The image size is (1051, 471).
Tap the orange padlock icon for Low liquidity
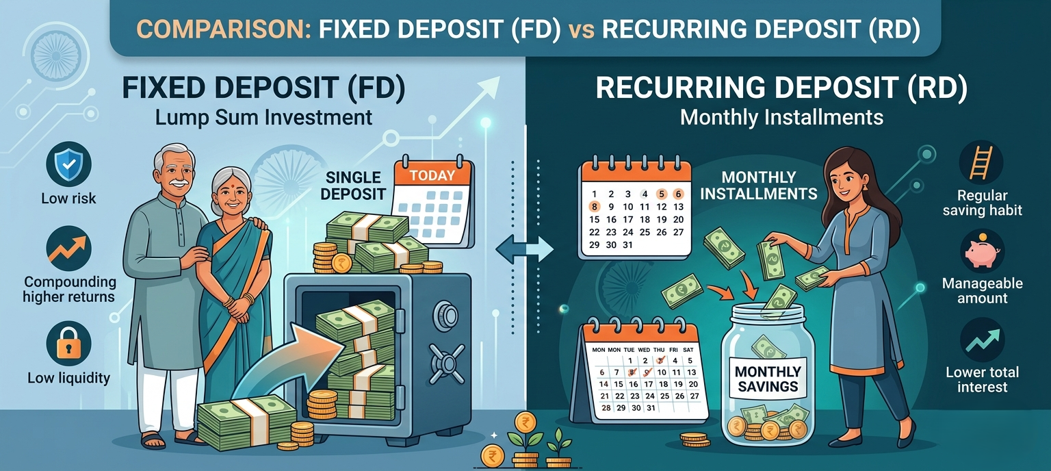click(x=68, y=343)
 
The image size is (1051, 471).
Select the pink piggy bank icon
click(x=982, y=251)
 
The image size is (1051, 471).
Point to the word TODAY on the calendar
click(x=432, y=175)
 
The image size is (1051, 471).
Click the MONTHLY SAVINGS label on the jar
click(x=767, y=379)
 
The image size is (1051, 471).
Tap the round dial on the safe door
click(x=447, y=316)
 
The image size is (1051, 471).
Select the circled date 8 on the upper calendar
click(x=594, y=206)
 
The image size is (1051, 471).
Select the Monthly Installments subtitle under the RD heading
click(x=781, y=117)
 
